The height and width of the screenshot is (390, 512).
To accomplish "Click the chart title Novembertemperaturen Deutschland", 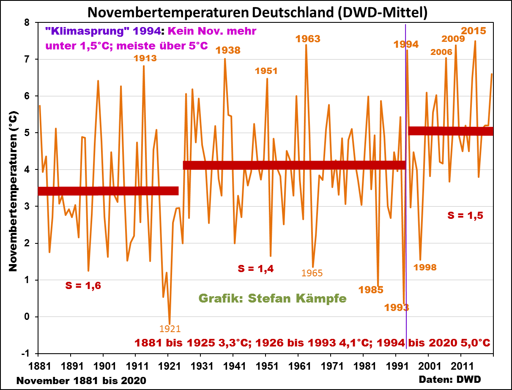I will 257,13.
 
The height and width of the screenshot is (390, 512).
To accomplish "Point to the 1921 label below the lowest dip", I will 170,328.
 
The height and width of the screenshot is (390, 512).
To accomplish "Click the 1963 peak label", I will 307,39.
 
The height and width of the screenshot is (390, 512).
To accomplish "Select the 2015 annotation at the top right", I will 473,31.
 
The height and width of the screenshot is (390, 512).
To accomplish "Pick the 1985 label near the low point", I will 371,290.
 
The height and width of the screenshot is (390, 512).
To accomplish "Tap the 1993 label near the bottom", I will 397,307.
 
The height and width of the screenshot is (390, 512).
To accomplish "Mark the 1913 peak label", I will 145,58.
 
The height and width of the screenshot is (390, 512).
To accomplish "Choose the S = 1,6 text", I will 83,286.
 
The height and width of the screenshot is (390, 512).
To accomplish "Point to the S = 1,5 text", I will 465,215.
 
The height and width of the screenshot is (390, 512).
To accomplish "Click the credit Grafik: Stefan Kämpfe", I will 272,299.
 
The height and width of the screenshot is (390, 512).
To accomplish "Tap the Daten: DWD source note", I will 450,379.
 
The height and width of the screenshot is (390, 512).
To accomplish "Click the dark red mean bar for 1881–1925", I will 108,191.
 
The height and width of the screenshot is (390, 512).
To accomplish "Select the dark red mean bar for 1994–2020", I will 451,131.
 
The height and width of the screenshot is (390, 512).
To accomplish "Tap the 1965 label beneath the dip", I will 312,273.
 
